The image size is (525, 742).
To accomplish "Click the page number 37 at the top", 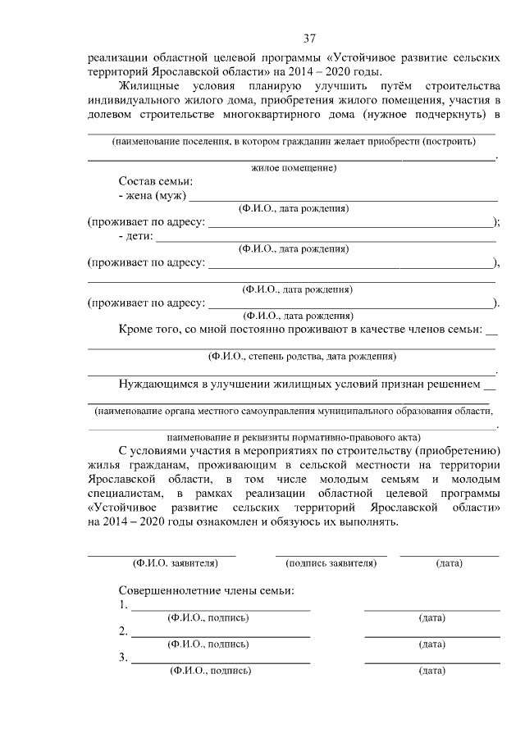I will coord(309,39).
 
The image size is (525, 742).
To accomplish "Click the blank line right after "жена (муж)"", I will coord(344,199).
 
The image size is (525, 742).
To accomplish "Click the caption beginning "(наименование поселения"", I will coord(294,141).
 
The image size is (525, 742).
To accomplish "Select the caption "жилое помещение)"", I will coord(293,168).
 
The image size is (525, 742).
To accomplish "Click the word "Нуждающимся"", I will coord(160,383).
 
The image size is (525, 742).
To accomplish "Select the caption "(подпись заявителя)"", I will coord(331,563).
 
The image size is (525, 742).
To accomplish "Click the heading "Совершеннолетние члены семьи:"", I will coord(206,590).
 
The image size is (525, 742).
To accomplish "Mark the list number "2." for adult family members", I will coord(123,631).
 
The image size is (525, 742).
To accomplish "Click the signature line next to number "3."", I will coord(221,661).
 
